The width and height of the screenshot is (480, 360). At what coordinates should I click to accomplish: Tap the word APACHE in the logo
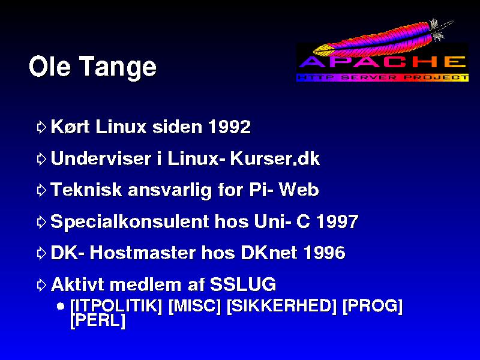click(382, 62)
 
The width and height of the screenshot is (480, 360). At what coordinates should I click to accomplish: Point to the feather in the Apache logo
click(383, 38)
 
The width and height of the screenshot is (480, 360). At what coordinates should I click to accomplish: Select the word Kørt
click(70, 126)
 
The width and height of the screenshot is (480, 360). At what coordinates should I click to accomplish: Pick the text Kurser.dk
click(275, 158)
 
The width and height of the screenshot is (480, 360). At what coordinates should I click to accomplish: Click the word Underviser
click(101, 158)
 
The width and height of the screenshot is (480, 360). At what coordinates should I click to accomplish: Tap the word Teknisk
click(86, 190)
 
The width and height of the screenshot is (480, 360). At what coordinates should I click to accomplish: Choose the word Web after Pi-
click(299, 190)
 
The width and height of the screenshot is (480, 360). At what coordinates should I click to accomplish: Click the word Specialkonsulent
click(130, 221)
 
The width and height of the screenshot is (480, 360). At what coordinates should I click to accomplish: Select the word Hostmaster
click(143, 253)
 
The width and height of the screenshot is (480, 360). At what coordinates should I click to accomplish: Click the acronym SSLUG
click(243, 284)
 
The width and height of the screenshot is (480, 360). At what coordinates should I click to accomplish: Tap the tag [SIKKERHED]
click(281, 306)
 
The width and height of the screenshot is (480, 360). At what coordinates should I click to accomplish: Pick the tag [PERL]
click(98, 320)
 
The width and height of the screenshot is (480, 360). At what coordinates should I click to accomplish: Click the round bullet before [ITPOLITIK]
click(61, 306)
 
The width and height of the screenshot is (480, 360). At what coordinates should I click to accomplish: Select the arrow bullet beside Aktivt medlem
click(41, 285)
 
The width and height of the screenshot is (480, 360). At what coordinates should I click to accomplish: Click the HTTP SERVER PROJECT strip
click(383, 77)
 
